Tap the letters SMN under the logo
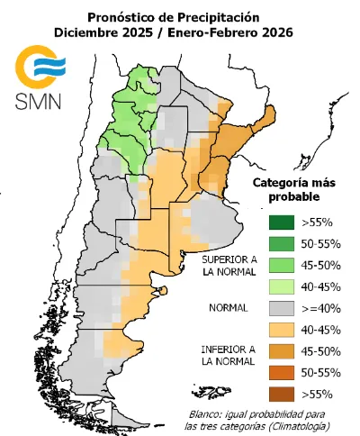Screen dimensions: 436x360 click(x=37, y=100)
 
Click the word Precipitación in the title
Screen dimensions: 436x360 click(x=217, y=16)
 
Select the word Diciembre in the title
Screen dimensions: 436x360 click(x=86, y=34)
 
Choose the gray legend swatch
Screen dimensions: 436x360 click(x=280, y=307)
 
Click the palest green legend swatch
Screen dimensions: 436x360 click(x=280, y=286)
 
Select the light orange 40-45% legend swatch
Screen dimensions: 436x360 click(x=280, y=329)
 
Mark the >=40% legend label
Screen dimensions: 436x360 click(x=320, y=307)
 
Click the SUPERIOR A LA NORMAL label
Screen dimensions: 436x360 click(x=229, y=264)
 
